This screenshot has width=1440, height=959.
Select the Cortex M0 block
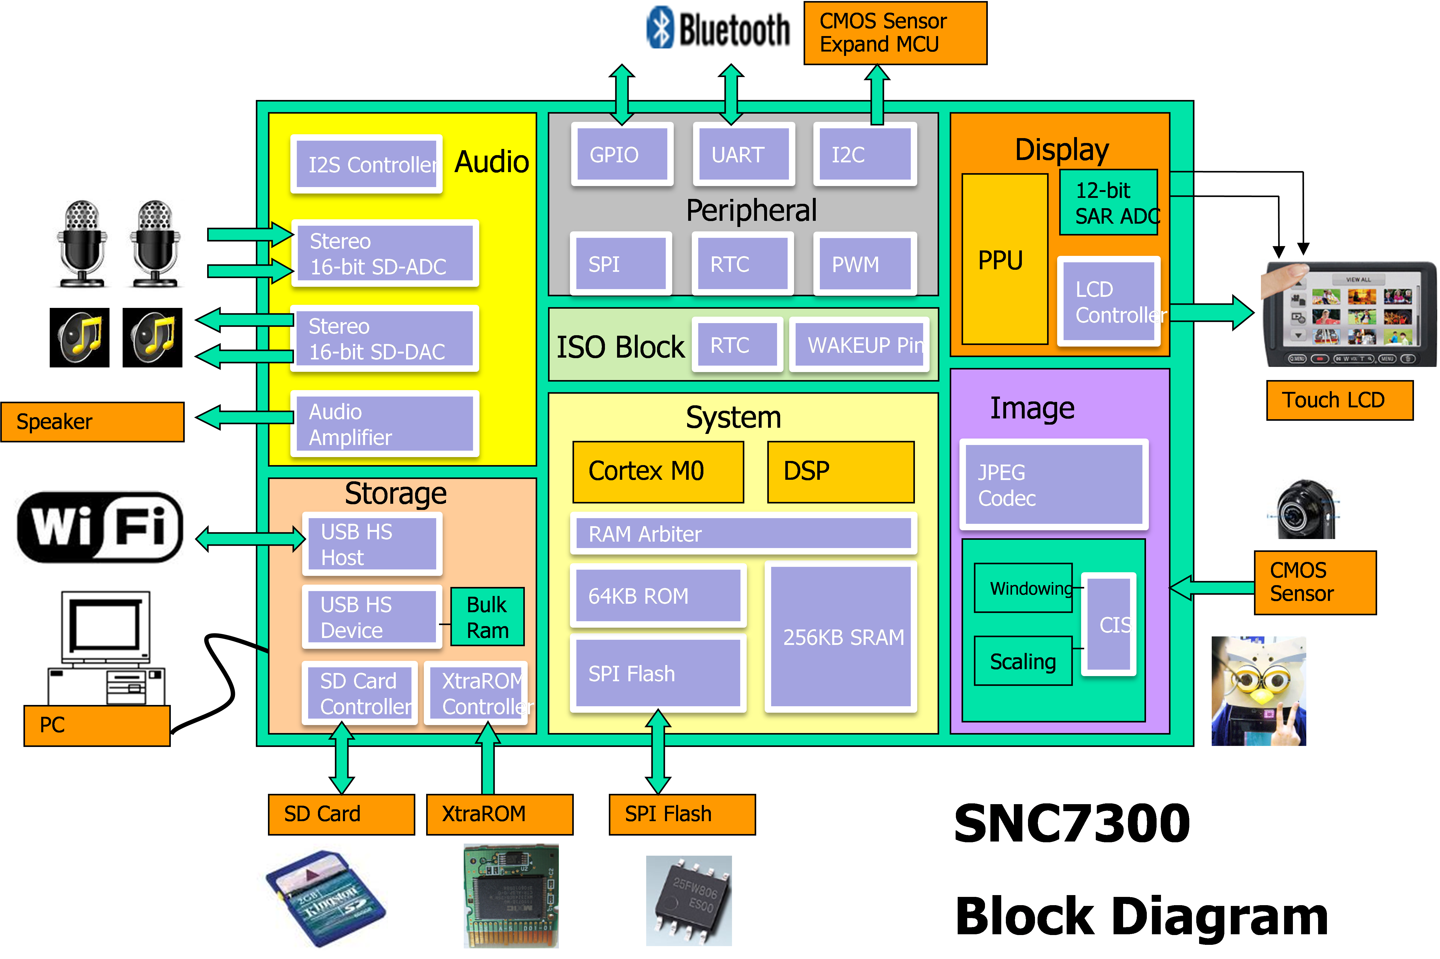point(658,472)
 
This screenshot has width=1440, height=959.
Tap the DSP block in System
point(840,472)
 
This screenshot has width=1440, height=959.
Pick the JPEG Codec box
point(1053,484)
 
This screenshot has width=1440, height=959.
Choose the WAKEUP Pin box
point(859,345)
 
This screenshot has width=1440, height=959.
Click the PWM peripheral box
point(865,264)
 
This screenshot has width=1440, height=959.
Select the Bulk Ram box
point(487,617)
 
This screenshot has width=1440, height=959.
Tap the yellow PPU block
point(1004,259)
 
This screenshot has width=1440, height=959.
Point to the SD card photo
point(322,896)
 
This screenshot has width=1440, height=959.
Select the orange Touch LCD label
point(1339,400)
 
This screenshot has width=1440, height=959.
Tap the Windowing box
point(1023,588)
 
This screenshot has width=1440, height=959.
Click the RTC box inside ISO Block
point(737,345)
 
